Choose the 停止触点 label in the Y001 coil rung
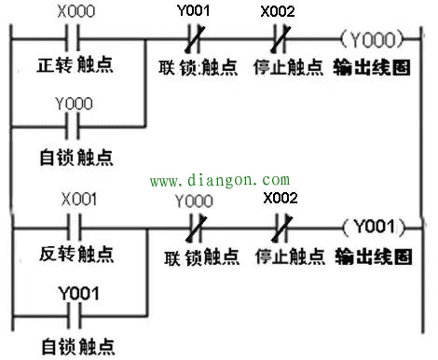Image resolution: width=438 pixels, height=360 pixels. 284,255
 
